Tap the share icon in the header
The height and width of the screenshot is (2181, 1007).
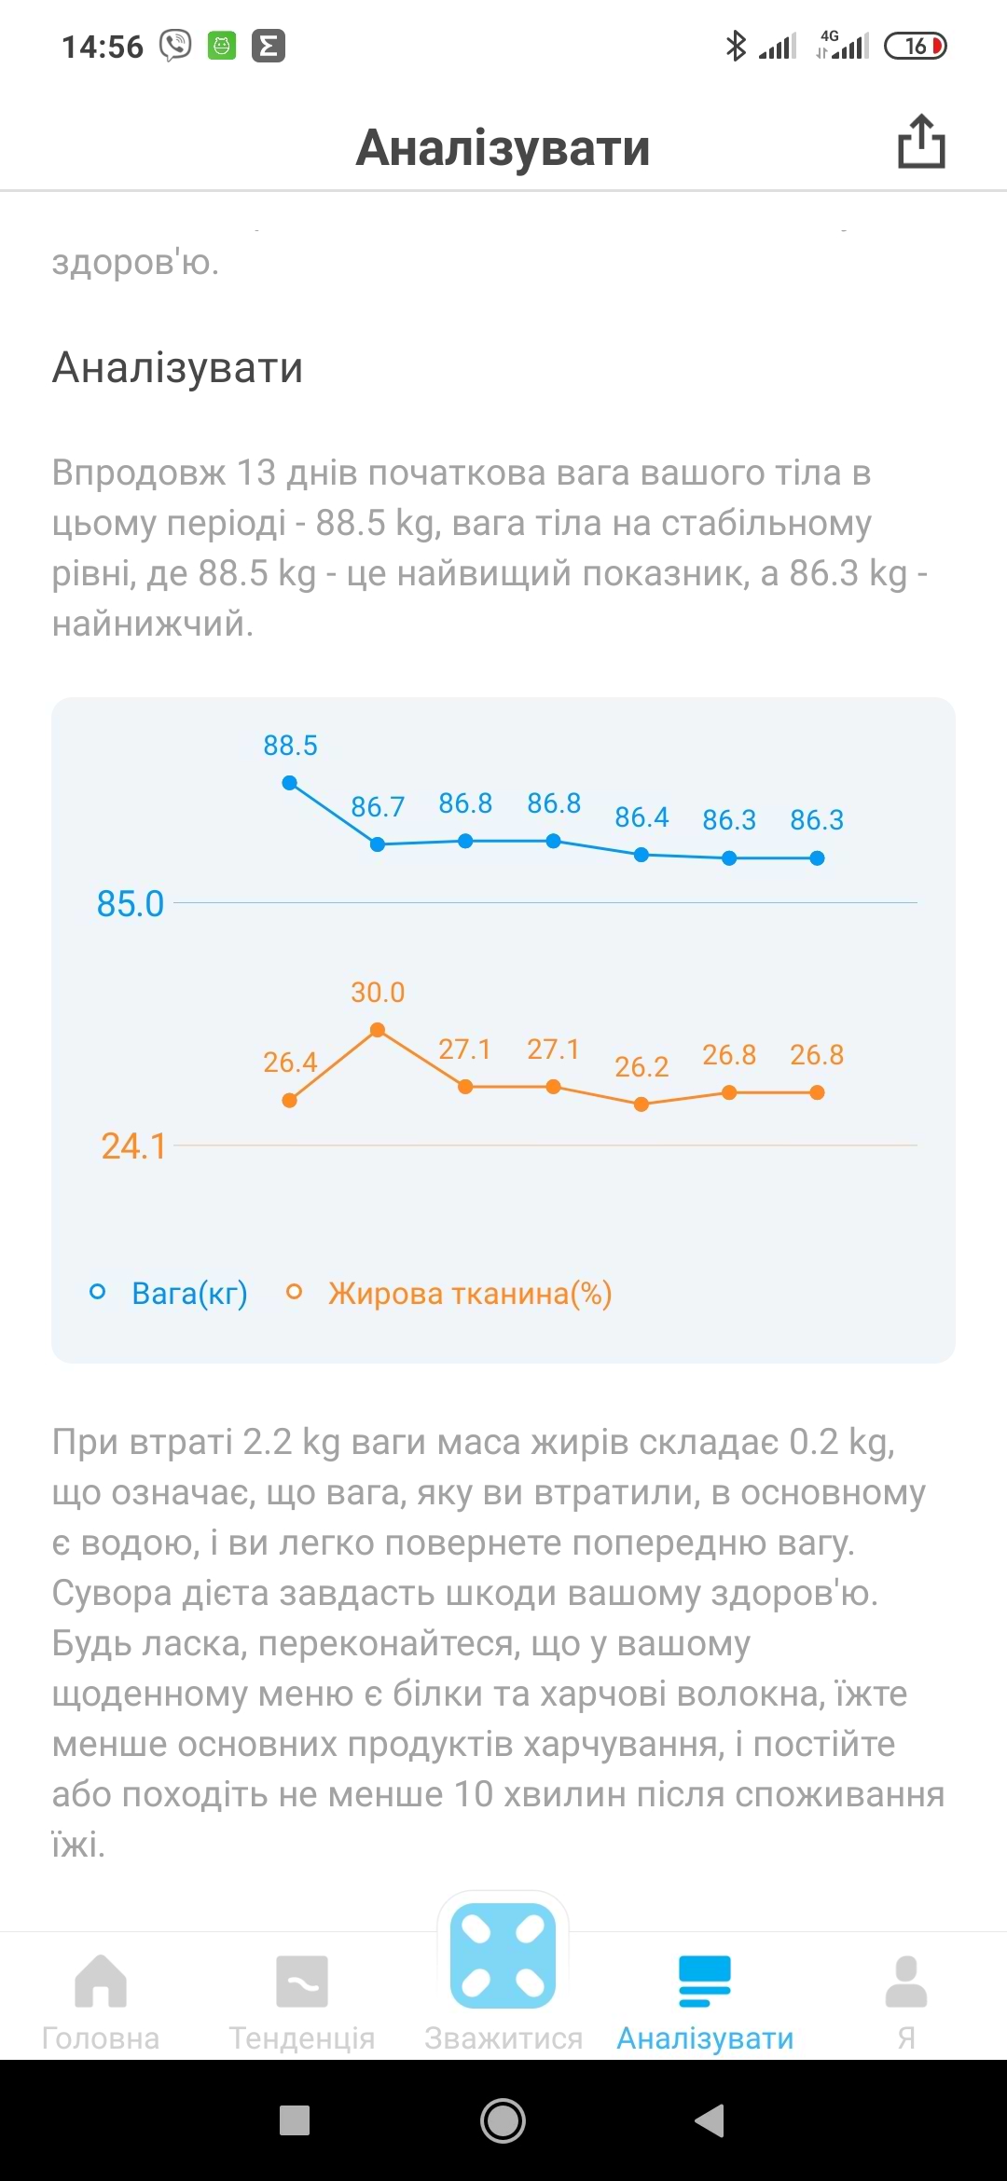pos(921,143)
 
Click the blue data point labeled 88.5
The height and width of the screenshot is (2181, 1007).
pos(290,783)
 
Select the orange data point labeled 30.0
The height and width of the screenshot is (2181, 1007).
pos(378,1030)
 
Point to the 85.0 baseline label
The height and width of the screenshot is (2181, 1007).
pos(131,904)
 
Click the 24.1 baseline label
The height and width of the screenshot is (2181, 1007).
pos(133,1146)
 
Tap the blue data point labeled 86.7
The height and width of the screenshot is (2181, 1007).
pos(378,844)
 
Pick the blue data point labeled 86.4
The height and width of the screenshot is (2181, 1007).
pos(641,855)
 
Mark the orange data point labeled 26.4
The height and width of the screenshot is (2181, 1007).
pos(290,1101)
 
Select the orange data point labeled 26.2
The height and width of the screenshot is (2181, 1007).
pos(641,1104)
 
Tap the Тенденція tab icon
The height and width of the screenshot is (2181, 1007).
pos(302,1982)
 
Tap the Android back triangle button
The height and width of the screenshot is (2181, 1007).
pos(710,2120)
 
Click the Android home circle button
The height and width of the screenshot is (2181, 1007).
pos(503,2120)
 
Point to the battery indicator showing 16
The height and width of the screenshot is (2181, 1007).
pos(916,46)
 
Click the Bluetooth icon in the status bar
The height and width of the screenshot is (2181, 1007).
pos(736,46)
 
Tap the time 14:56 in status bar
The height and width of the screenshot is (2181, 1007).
pos(103,47)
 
